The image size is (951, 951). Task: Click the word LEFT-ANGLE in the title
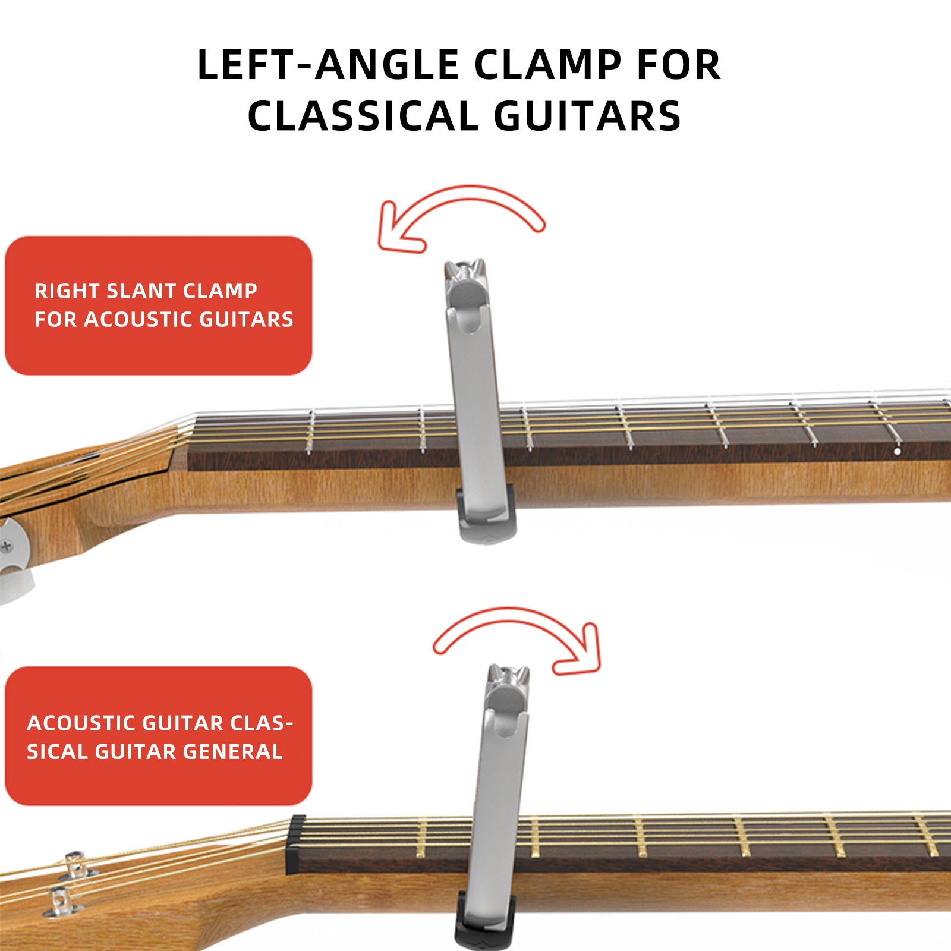point(328,65)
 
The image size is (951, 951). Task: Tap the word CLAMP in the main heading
point(546,65)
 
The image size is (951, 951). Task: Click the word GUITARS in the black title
point(587,116)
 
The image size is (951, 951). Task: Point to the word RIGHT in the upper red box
point(67,291)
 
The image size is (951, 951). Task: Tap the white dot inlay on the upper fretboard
point(898,452)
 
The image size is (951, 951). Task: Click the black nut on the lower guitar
point(295,844)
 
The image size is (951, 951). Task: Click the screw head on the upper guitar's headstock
point(6,544)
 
